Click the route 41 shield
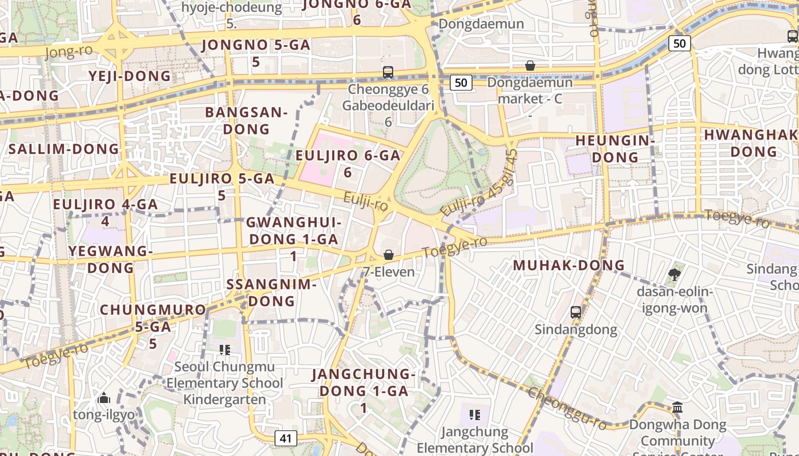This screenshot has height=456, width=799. [x=286, y=438]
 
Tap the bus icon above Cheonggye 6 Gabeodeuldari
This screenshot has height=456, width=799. [x=388, y=72]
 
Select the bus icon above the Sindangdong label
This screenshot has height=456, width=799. [x=575, y=312]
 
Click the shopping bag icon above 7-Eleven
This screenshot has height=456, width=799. [x=389, y=255]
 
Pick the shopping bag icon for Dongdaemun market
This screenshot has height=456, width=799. [x=530, y=66]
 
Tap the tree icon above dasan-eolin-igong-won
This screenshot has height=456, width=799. [x=674, y=275]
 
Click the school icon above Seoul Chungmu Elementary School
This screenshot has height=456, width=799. [x=224, y=349]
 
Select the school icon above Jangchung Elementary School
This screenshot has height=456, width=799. [x=474, y=414]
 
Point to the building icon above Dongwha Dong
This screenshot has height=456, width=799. [x=677, y=408]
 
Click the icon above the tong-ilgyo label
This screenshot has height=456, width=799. [x=104, y=398]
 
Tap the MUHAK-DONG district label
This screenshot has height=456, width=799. [x=568, y=265]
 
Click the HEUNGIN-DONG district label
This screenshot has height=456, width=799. [x=614, y=148]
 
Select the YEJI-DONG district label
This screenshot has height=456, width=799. [x=130, y=76]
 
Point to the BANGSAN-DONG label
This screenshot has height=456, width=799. [x=246, y=120]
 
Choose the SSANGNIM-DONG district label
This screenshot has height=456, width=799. [x=271, y=292]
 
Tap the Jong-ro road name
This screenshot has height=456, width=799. [x=68, y=52]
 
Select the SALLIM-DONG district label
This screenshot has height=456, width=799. [x=64, y=149]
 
